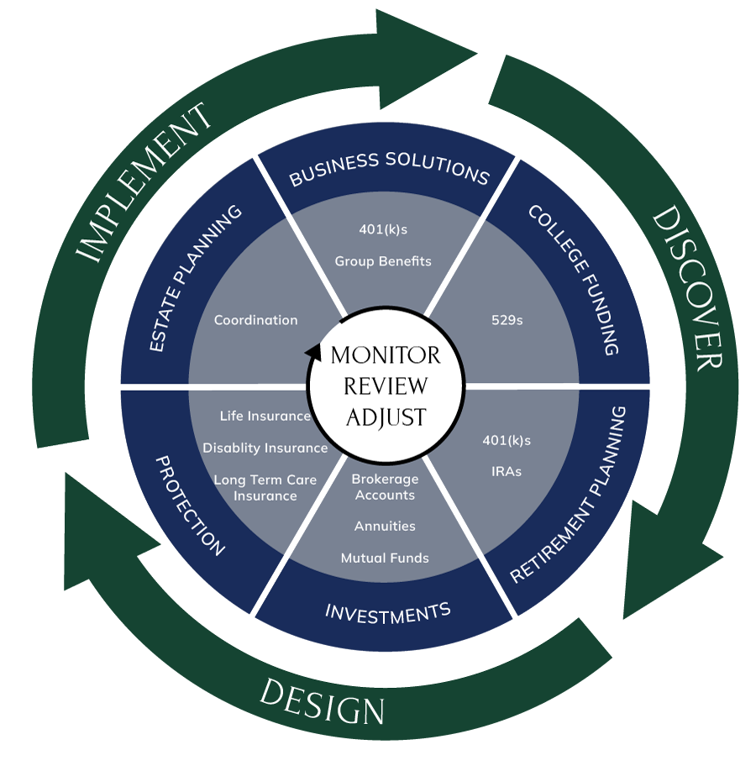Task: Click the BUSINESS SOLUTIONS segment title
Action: [x=389, y=168]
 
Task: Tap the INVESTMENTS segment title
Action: [x=387, y=612]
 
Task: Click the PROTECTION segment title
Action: [x=191, y=506]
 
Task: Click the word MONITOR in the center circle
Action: [x=386, y=355]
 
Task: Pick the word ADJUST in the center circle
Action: [x=386, y=417]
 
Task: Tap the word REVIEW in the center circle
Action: [x=386, y=386]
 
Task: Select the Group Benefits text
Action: [x=383, y=261]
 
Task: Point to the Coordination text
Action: [x=255, y=320]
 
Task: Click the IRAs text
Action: [x=506, y=471]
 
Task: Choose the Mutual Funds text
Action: [x=385, y=558]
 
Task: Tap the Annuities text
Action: [x=385, y=527]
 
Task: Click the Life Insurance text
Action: [x=265, y=416]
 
